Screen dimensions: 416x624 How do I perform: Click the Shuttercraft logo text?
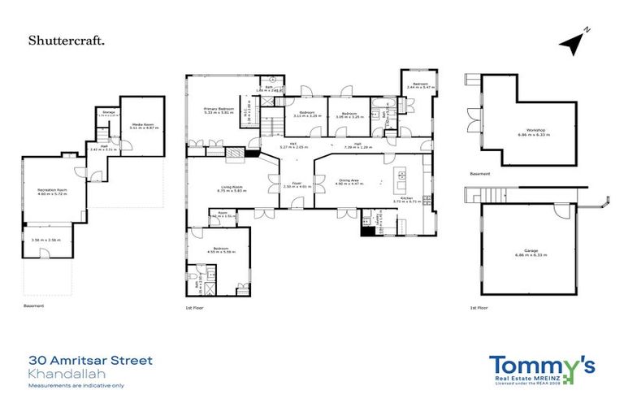click(66, 39)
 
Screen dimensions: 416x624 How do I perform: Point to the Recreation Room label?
click(51, 189)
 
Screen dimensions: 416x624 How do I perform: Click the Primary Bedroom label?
click(219, 109)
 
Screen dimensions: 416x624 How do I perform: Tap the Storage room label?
click(106, 111)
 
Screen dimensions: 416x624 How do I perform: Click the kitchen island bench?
click(400, 176)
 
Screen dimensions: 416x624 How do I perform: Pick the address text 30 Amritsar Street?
click(90, 360)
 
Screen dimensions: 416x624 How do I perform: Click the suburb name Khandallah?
click(61, 373)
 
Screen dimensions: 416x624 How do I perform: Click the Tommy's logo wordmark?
click(541, 365)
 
